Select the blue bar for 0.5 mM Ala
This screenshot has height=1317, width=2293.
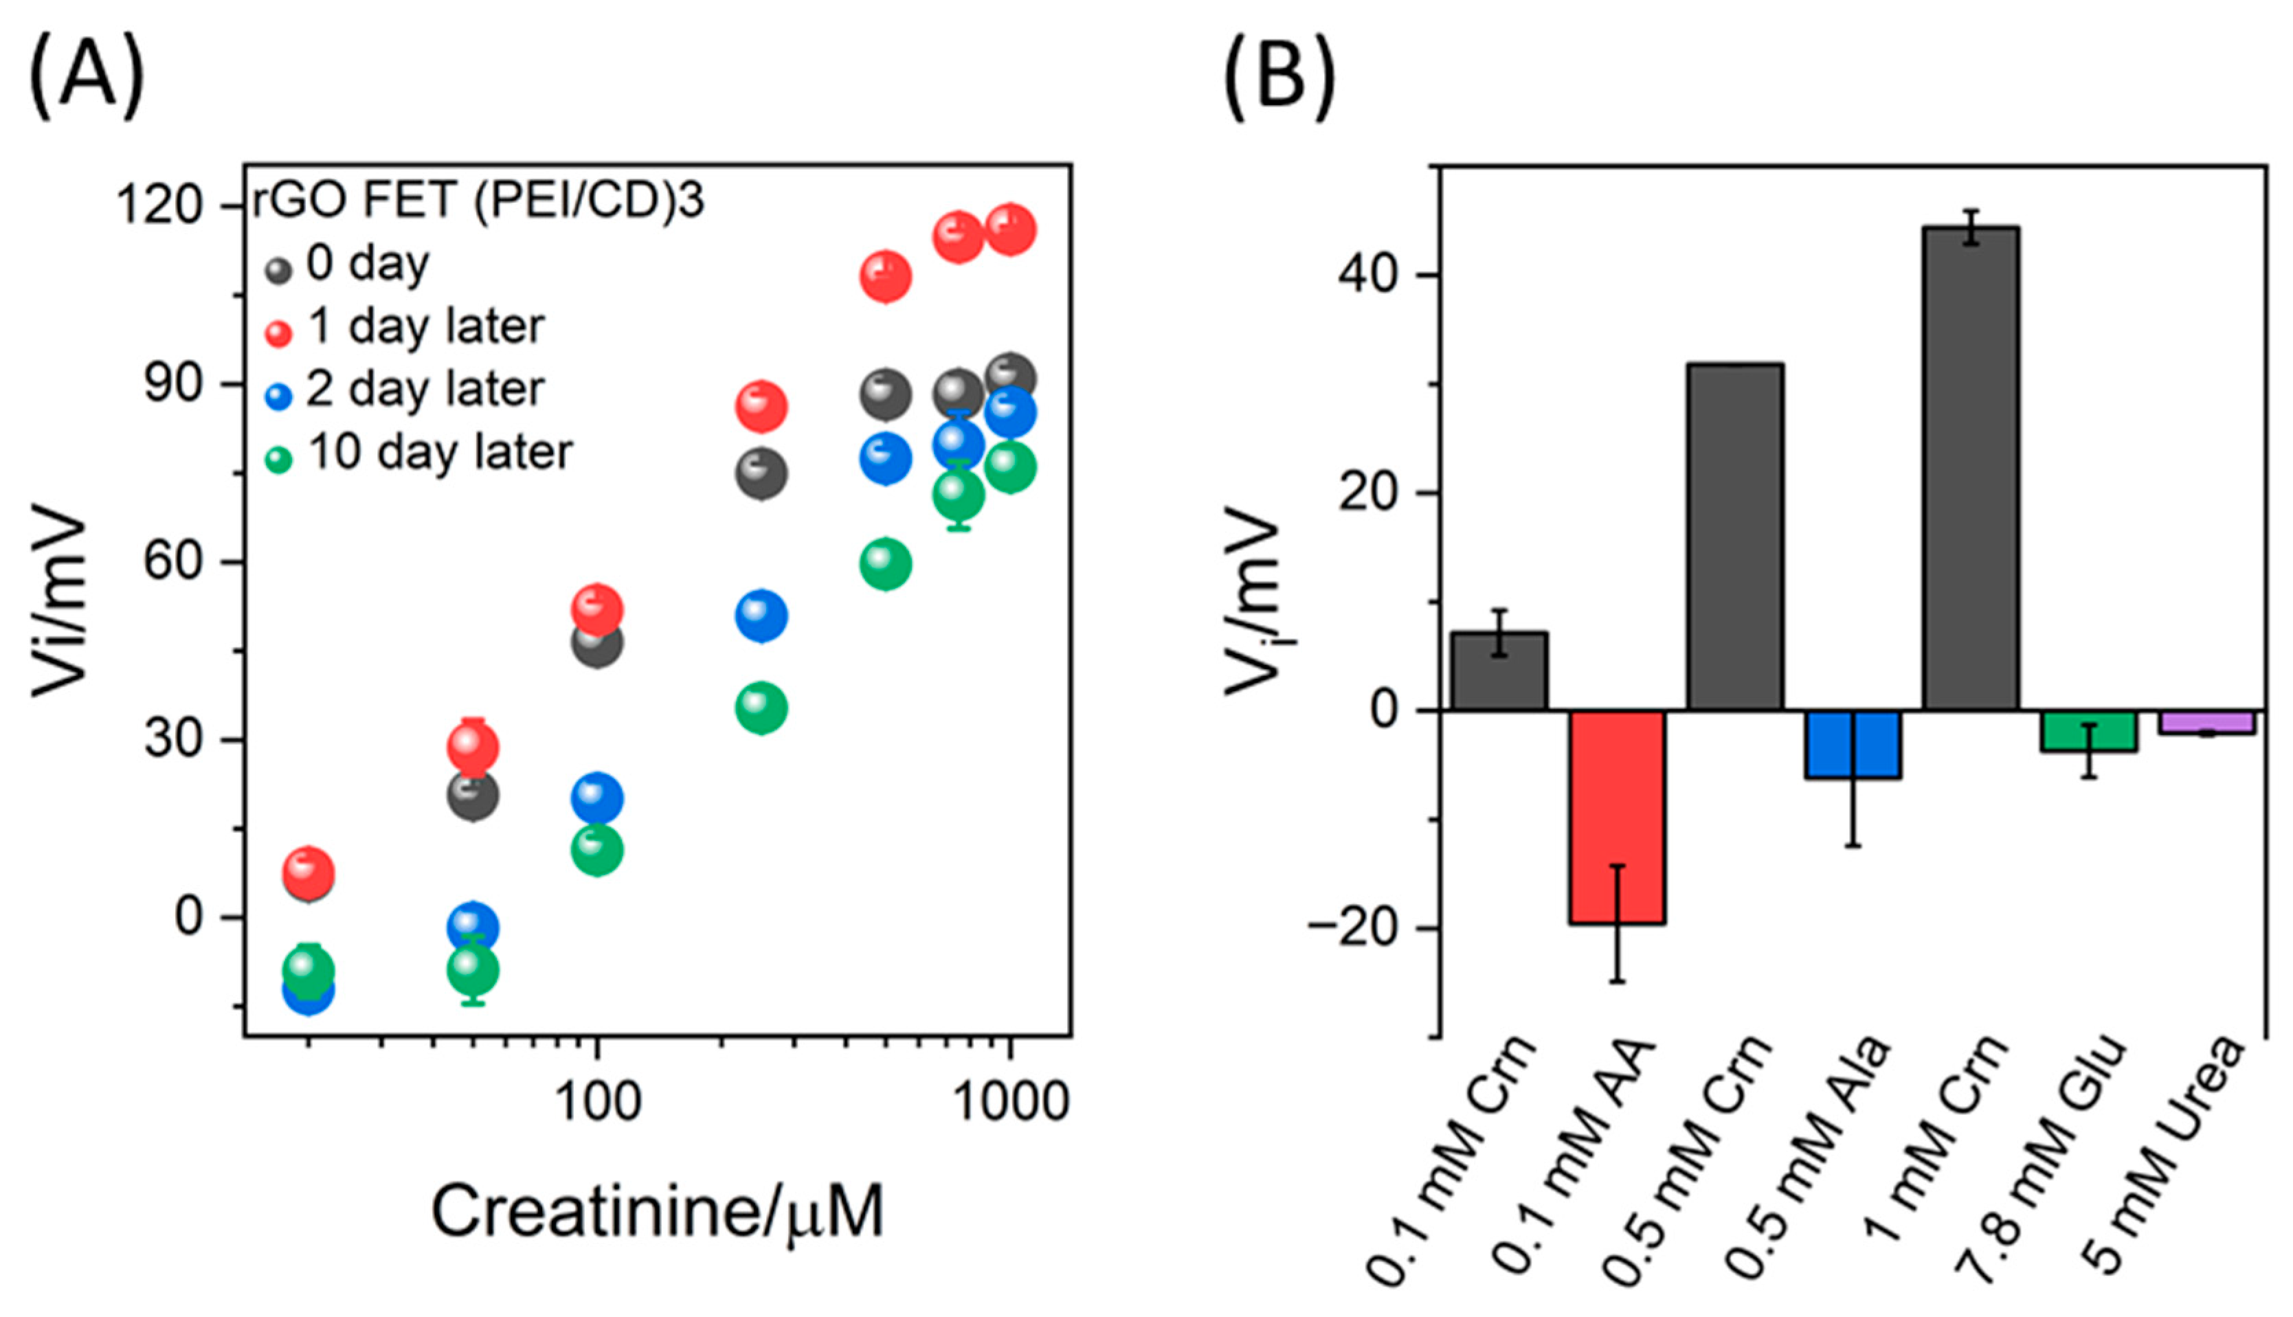click(x=1853, y=743)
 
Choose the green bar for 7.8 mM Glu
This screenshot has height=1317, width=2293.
click(x=2089, y=731)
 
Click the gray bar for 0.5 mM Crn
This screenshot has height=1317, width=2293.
click(x=1735, y=537)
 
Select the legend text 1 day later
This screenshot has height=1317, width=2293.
click(x=425, y=326)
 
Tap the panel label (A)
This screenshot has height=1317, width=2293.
click(x=87, y=80)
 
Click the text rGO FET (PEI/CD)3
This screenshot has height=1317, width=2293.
click(x=478, y=200)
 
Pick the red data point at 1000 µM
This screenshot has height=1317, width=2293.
click(x=1010, y=229)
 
